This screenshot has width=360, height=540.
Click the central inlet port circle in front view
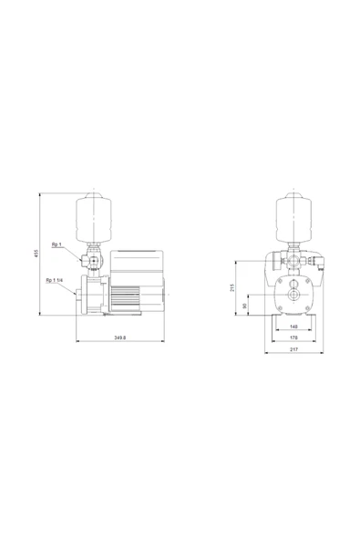tap(293, 298)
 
